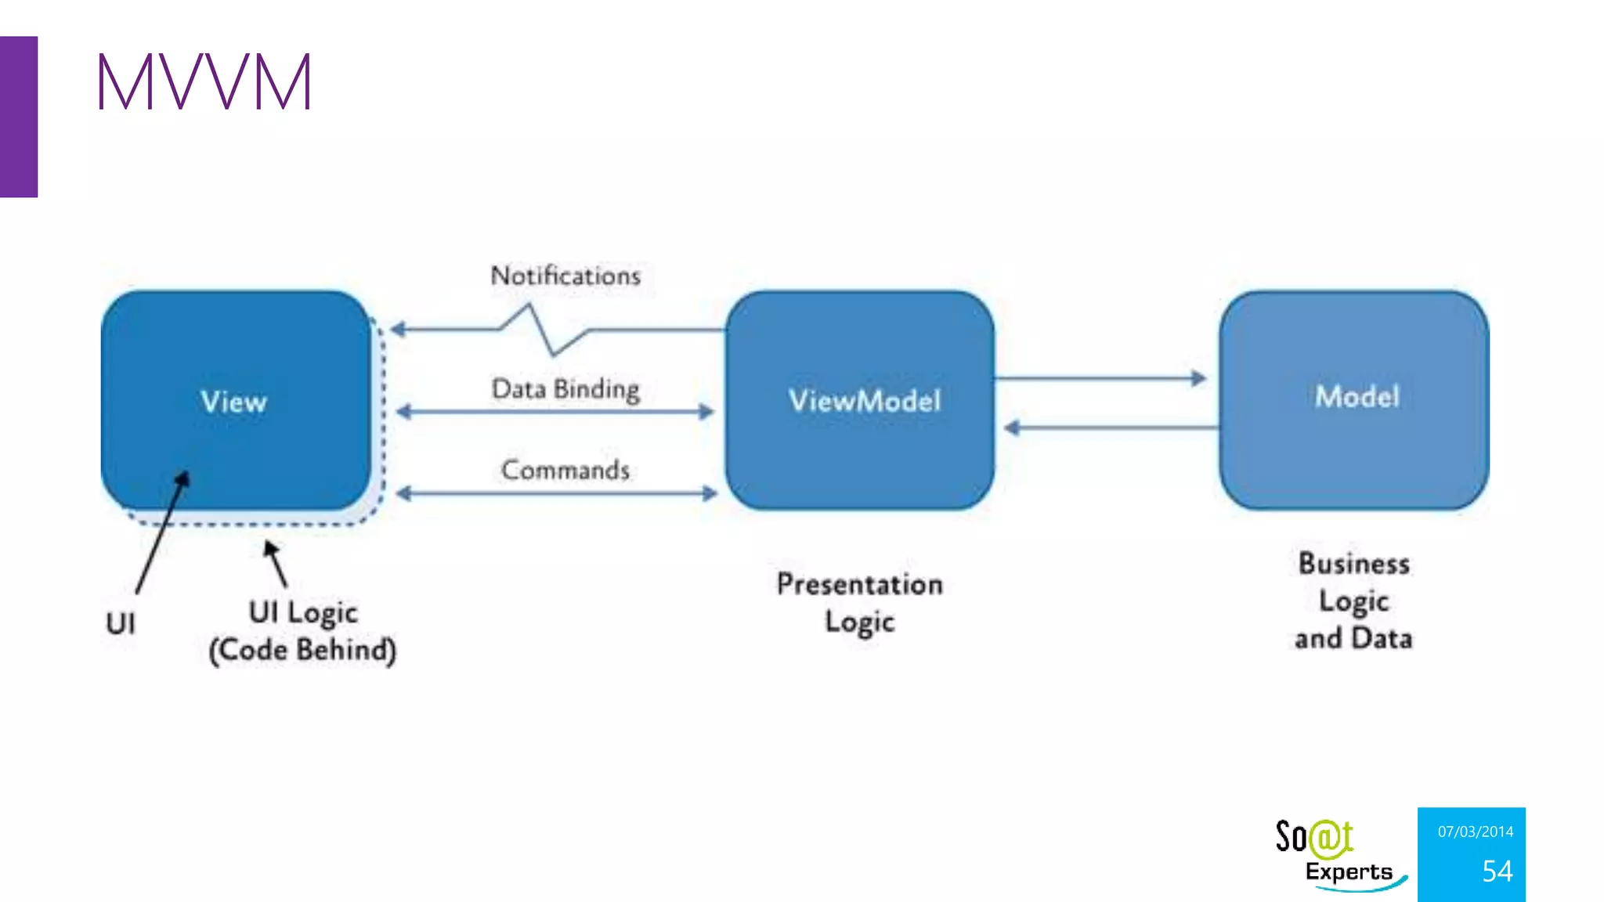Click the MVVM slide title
tap(204, 81)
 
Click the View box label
tap(233, 402)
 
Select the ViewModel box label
tap(865, 401)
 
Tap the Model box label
tap(1357, 396)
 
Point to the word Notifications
tap(565, 276)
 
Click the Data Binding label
tap(565, 389)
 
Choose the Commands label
tap(565, 470)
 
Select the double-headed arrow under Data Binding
tap(555, 412)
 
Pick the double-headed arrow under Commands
tap(557, 493)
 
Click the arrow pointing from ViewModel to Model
tap(1100, 379)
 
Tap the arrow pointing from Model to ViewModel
tap(1111, 428)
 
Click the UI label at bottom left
tap(121, 624)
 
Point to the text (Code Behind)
tap(302, 650)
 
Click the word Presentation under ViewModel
tap(859, 585)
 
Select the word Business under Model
tap(1354, 564)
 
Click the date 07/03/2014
tap(1475, 832)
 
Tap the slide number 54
tap(1497, 871)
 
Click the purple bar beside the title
tap(19, 117)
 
